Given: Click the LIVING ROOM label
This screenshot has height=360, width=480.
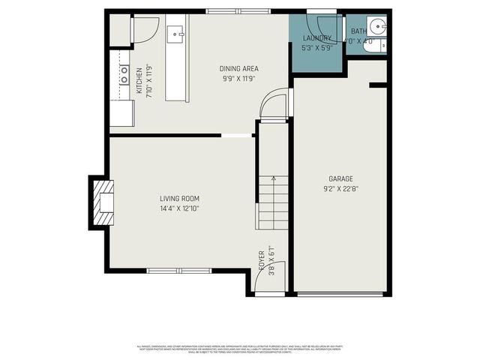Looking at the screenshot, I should (x=179, y=199).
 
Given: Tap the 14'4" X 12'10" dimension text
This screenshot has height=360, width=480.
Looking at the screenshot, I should (x=179, y=208).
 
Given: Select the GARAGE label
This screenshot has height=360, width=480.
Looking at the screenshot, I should (x=340, y=178).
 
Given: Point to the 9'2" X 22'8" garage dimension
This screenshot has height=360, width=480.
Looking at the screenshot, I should (x=340, y=189).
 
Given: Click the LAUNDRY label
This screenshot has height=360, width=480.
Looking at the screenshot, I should (x=317, y=38).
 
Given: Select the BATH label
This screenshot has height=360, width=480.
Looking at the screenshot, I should (x=360, y=31).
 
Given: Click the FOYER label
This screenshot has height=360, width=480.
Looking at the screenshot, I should (x=262, y=259).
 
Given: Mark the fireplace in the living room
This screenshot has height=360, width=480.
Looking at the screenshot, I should (x=103, y=202).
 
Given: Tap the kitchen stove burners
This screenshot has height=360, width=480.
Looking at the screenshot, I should (x=124, y=74).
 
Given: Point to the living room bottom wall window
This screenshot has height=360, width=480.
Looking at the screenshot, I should (x=179, y=271).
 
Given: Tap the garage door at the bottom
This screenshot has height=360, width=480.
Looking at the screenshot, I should (x=340, y=294).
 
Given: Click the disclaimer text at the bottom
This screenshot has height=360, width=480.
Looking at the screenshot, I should (x=239, y=349).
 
